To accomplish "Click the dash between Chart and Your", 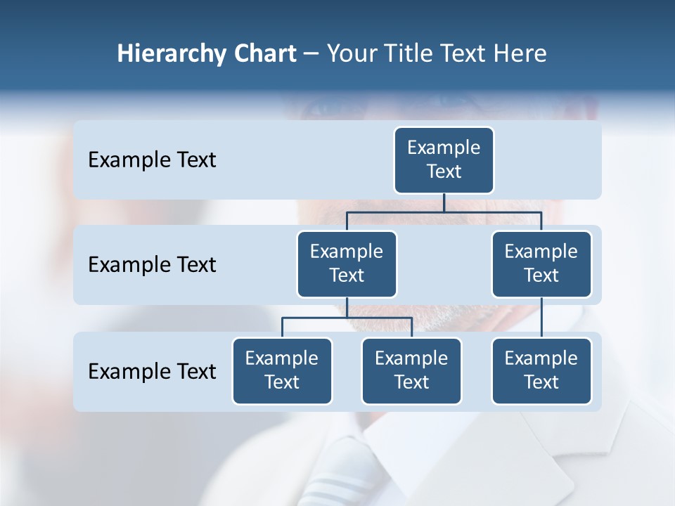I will tap(311, 54).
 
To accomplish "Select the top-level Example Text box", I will tap(444, 160).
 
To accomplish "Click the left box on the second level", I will tap(347, 264).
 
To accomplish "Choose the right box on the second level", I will tap(541, 264).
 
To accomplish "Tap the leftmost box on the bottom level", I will tap(282, 370).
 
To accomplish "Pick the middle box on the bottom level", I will tap(411, 370).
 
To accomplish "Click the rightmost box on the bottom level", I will tap(541, 370).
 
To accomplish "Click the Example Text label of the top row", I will tap(152, 160).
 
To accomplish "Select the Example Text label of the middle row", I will tap(152, 265).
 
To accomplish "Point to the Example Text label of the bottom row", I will tap(152, 371).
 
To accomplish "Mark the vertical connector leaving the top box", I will tap(444, 202).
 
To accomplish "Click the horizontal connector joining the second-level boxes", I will tap(444, 211).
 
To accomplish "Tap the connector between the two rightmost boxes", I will tap(541, 317).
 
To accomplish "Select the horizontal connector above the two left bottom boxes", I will tap(347, 318).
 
